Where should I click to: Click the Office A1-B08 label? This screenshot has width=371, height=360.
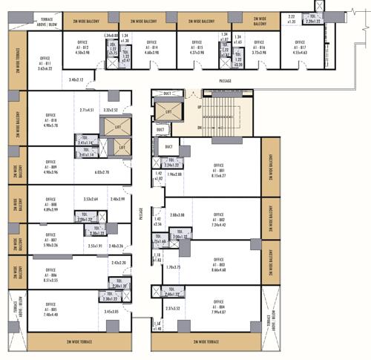(x=50, y=205)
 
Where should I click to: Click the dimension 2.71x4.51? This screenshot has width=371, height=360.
(x=87, y=110)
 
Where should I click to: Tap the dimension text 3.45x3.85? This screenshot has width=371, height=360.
(x=111, y=312)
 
